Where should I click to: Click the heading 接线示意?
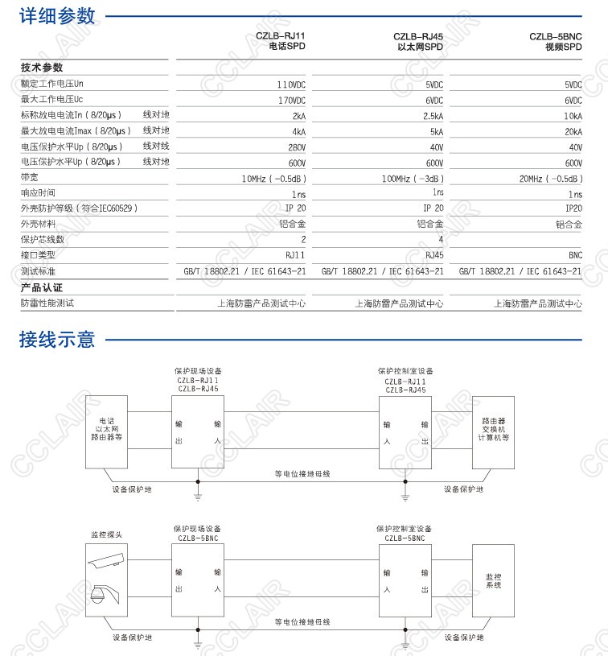coord(57,339)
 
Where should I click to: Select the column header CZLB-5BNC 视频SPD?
coord(556,42)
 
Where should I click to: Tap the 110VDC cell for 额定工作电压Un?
coord(291,85)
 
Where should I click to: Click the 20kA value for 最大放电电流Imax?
coord(573,131)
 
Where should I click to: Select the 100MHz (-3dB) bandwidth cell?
coord(412,178)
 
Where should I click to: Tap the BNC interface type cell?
coord(575,255)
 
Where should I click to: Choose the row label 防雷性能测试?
coord(47,303)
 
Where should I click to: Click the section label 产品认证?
coord(42,287)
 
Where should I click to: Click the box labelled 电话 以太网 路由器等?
coord(106,431)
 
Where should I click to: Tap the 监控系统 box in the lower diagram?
coord(493,581)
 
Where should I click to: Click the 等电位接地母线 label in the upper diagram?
coord(302,473)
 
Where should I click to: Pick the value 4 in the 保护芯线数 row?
coord(441,239)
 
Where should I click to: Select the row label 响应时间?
coord(39,193)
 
